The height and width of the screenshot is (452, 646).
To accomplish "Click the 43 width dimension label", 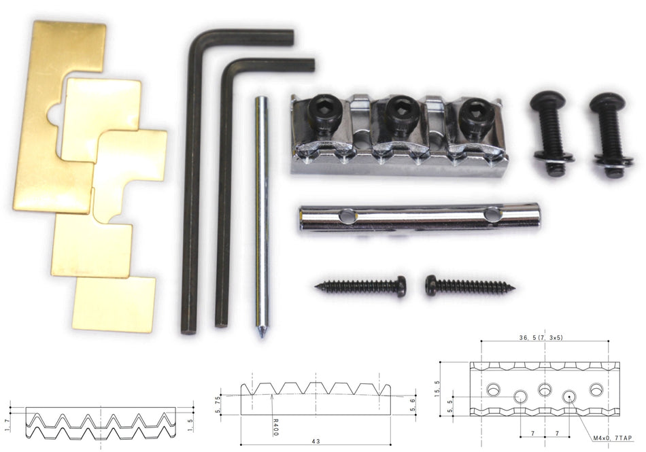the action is [316, 442].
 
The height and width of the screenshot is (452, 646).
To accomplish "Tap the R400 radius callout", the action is [275, 428].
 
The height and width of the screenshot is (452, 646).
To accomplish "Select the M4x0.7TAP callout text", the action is [613, 438].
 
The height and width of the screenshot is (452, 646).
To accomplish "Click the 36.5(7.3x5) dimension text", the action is [541, 338].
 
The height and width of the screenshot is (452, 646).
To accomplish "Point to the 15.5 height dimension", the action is [437, 389].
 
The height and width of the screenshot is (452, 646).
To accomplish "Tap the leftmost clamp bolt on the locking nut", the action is [326, 112].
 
